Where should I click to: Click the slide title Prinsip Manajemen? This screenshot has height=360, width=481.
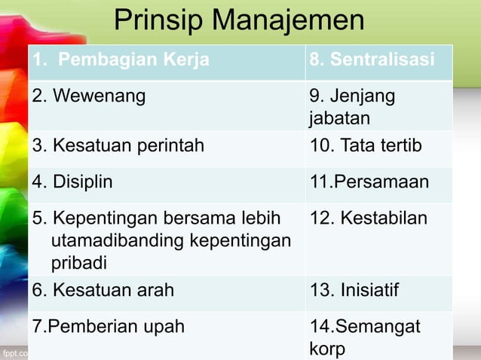coord(239,21)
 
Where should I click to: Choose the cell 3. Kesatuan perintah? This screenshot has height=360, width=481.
coord(118,146)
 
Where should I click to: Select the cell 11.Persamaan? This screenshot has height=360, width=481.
coord(369,182)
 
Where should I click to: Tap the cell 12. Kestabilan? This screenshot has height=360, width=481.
coord(368,218)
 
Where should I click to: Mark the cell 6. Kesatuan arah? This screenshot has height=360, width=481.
coord(103,291)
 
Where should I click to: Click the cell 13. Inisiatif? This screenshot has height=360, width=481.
coord(354,291)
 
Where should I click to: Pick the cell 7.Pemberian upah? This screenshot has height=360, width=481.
coord(108,327)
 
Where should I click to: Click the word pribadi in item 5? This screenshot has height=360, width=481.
coord(79,264)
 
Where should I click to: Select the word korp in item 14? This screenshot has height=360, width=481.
coord(326,349)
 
